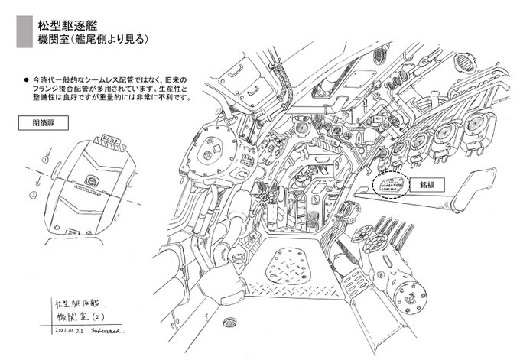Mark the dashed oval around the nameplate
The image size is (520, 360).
(392, 186)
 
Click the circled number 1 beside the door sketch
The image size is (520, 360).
(45, 160)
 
